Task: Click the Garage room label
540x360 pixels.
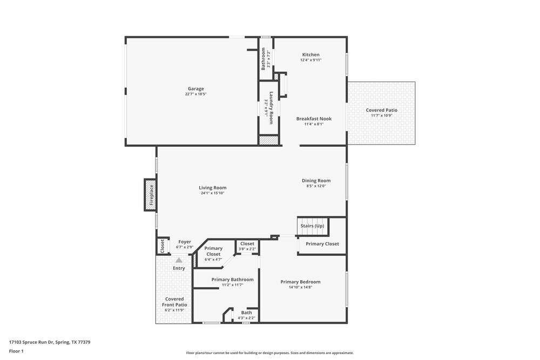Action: click(195, 89)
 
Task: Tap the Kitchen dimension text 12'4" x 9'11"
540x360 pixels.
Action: click(310, 60)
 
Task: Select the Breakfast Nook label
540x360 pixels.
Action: click(314, 119)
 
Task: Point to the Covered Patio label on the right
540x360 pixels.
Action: click(381, 110)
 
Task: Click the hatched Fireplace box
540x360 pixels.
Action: click(151, 194)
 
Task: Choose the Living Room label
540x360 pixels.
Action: click(212, 188)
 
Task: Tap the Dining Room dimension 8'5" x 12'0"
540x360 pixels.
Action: click(316, 186)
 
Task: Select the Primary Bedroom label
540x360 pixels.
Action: click(300, 282)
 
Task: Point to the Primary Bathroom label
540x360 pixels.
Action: click(232, 280)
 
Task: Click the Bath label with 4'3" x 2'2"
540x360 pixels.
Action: click(246, 313)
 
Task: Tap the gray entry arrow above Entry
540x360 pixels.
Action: click(179, 260)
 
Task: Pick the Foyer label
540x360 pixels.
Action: click(185, 242)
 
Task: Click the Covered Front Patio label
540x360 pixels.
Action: click(174, 302)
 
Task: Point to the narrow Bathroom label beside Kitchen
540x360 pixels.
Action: click(264, 59)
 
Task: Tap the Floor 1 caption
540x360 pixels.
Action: click(16, 351)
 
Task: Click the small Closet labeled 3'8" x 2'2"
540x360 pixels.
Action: click(247, 244)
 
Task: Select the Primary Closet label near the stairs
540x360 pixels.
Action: click(322, 244)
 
